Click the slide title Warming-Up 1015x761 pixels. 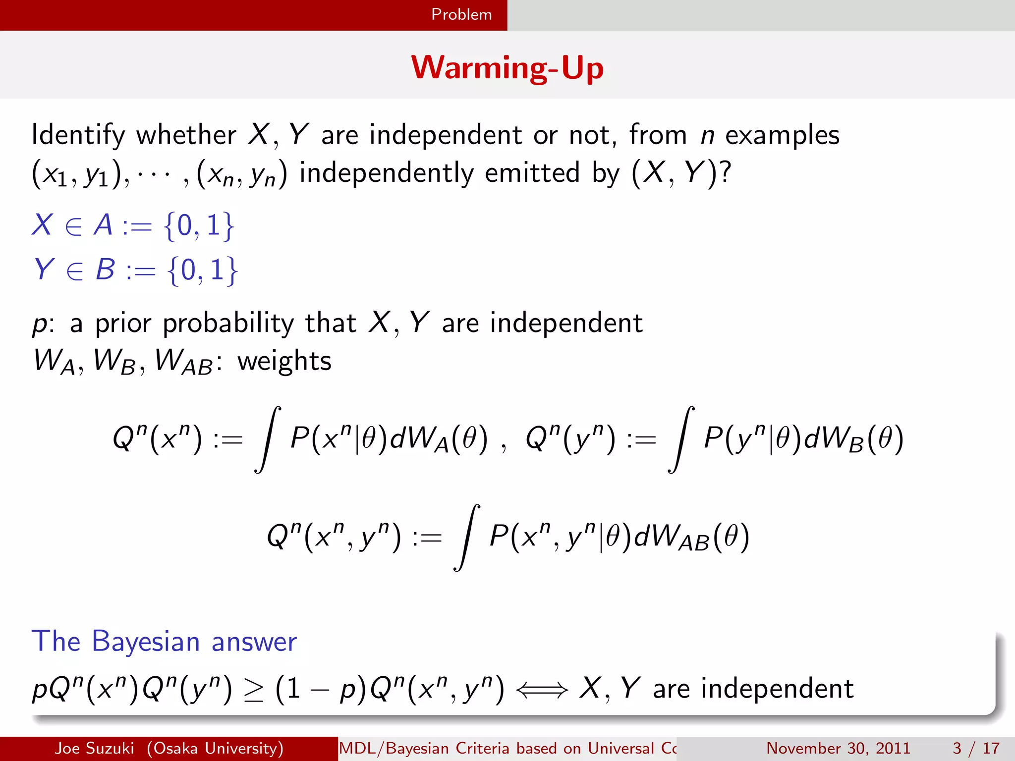tap(507, 67)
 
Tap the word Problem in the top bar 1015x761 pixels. tap(461, 14)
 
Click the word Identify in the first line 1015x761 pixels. tap(78, 135)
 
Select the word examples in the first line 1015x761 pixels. tap(783, 135)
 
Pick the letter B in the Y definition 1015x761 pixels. tap(105, 270)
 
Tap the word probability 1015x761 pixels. tap(228, 324)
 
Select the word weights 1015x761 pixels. tap(284, 361)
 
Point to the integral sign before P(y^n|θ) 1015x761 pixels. tap(681, 439)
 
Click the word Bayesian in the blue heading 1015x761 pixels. tap(146, 642)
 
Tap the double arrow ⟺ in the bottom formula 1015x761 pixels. tap(542, 690)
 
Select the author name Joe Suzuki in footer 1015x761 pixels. tap(94, 748)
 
